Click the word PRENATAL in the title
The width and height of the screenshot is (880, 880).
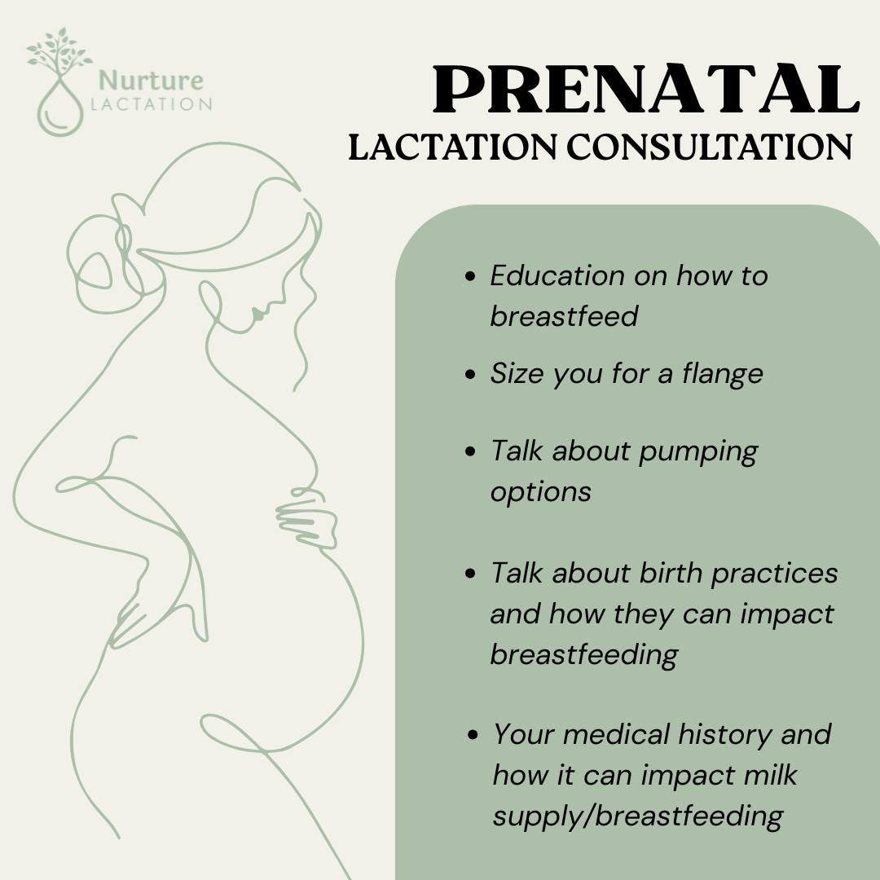point(645,90)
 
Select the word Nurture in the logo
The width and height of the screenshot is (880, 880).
point(151,81)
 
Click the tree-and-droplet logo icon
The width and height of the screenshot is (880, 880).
point(59,81)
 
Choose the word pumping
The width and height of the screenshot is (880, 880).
point(698,452)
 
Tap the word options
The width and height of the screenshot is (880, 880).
point(540,491)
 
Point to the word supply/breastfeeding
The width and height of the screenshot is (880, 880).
point(637,815)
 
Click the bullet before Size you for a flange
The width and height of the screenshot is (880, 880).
point(470,374)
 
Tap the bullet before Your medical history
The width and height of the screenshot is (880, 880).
point(473,735)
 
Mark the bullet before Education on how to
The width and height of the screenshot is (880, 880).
point(470,277)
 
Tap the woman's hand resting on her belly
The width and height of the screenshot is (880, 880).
point(306,521)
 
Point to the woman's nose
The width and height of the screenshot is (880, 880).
point(255,310)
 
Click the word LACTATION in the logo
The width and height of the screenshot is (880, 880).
point(152,104)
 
